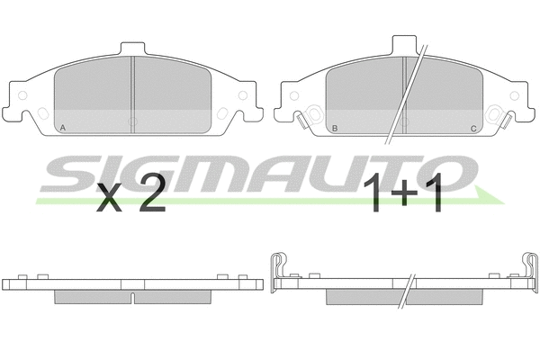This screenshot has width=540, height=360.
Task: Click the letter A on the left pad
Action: [x=61, y=129]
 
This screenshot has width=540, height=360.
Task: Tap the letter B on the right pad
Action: [x=335, y=129]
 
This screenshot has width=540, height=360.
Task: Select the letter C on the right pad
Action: [x=473, y=129]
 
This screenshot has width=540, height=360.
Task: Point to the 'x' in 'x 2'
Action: [x=110, y=200]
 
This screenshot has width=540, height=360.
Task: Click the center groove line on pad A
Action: [x=133, y=94]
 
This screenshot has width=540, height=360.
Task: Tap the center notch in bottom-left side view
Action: [x=133, y=294]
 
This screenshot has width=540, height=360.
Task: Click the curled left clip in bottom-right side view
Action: [x=279, y=267]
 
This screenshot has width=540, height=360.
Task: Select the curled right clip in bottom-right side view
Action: [x=529, y=267]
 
